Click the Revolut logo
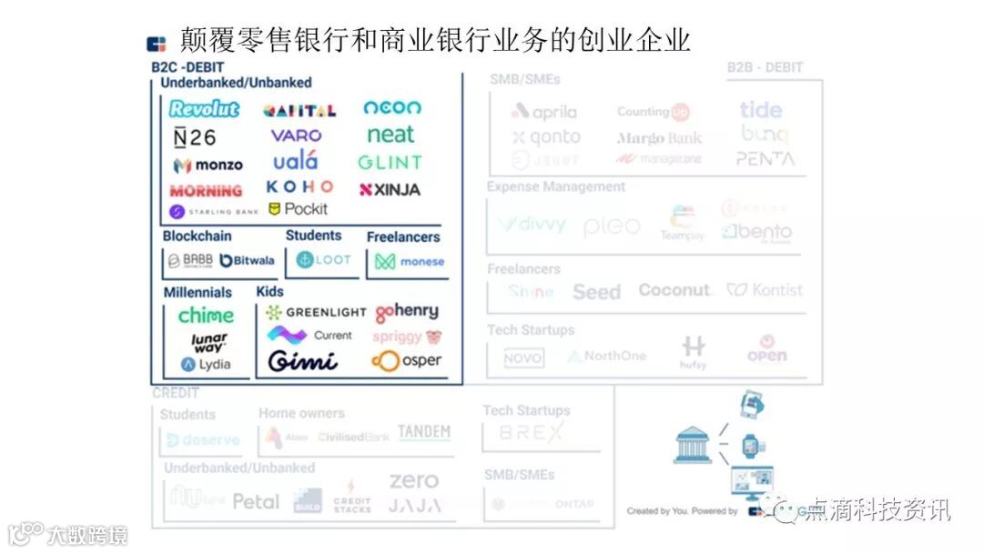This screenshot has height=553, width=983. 204,109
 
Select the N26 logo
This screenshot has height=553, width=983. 195,137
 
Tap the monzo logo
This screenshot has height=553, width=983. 208,166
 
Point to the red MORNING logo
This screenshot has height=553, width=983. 206,191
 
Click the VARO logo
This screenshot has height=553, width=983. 296,136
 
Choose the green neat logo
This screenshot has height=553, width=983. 390,135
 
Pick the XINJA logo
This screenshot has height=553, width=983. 390,190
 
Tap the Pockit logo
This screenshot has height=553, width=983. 298,209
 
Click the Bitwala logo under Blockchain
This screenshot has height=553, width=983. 247,260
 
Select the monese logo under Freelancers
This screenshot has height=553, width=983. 410,262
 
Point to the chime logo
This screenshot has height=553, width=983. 206,316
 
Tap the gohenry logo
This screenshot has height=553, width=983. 407,312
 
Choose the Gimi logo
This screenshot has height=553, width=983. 302,361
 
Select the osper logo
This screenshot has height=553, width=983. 407,361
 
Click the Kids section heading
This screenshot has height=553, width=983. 269,292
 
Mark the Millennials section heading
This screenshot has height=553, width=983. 198,293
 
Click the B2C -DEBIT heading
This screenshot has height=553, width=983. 187,67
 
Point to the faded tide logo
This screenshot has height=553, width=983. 761,110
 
